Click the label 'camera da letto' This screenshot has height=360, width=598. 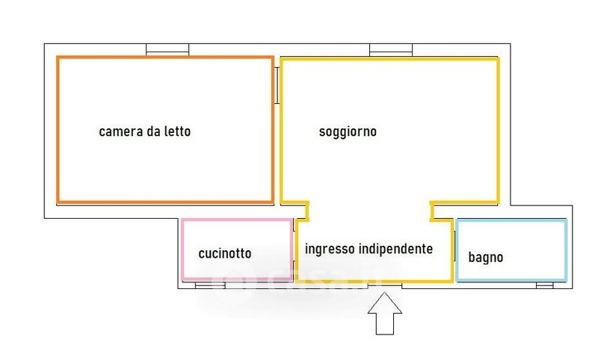(145, 131)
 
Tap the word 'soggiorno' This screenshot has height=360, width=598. (348, 131)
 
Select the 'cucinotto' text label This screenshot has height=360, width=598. (224, 253)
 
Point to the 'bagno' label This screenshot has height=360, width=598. (486, 258)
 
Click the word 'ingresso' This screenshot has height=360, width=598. (329, 249)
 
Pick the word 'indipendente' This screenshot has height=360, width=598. (395, 249)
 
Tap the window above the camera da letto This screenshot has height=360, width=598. (167, 50)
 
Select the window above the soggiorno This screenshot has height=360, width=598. (391, 50)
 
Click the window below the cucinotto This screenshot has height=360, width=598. (206, 285)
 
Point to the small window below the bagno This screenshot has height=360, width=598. (544, 285)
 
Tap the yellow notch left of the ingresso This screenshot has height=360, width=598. (302, 211)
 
